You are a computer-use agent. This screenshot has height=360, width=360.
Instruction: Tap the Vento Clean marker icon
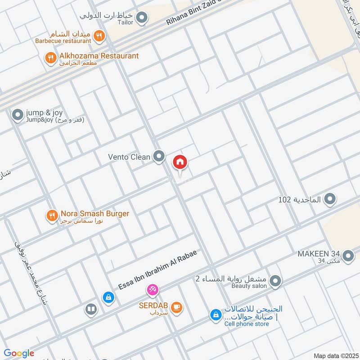pyautogui.click(x=158, y=157)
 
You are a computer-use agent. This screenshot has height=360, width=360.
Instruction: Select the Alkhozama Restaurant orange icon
pyautogui.click(x=50, y=57)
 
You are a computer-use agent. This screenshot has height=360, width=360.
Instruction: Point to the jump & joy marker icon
pyautogui.click(x=18, y=115)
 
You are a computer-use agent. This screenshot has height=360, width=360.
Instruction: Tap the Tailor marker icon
pyautogui.click(x=142, y=18)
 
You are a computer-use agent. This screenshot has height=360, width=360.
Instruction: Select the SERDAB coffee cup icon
pyautogui.click(x=177, y=307)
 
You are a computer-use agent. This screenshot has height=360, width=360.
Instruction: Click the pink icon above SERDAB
pyautogui.click(x=153, y=289)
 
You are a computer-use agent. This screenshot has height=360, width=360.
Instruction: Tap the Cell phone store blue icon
pyautogui.click(x=216, y=315)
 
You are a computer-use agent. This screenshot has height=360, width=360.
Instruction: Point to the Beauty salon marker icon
pyautogui.click(x=276, y=282)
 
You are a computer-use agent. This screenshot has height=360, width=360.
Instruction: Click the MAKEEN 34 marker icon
pyautogui.click(x=348, y=256)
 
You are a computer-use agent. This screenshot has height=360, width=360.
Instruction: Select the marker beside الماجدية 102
pyautogui.click(x=330, y=198)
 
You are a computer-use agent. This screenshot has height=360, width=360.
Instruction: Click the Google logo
pyautogui.click(x=19, y=353)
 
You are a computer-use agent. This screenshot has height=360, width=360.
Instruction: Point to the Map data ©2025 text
pyautogui.click(x=335, y=356)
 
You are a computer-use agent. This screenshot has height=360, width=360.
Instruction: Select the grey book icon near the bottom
pyautogui.click(x=90, y=309)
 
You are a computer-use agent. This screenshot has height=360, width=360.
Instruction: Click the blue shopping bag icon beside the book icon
pyautogui.click(x=108, y=297)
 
